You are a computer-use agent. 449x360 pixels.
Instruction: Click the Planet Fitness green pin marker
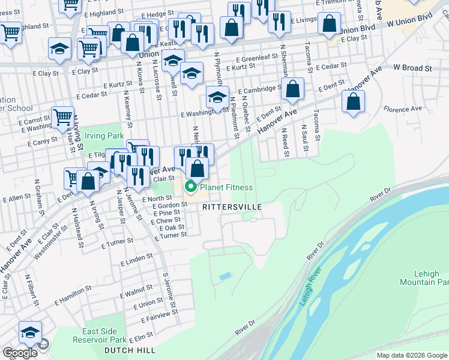[191, 187]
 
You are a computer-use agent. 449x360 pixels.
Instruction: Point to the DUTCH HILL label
[130, 350]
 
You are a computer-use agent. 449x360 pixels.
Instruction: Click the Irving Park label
[104, 136]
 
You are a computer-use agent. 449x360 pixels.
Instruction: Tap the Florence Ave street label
[403, 109]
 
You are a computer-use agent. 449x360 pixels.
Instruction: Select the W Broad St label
[412, 68]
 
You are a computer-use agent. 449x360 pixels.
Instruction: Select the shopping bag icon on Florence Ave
[354, 101]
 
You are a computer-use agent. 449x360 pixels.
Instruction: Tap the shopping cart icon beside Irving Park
[62, 118]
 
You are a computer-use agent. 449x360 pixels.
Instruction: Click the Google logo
[20, 352]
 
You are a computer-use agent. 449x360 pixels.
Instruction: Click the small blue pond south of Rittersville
[225, 276]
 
